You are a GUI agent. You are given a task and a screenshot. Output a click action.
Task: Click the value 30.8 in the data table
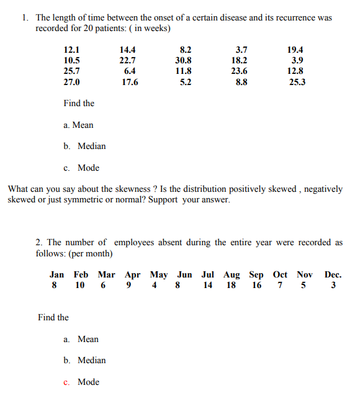[x=184, y=60]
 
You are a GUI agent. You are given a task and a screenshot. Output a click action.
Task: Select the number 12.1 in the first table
[x=71, y=50]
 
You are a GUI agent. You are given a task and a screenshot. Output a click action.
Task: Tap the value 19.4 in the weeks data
[x=295, y=50]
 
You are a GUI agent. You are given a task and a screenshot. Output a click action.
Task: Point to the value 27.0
[x=71, y=82]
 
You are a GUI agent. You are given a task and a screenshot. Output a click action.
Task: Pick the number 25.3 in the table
[x=297, y=82]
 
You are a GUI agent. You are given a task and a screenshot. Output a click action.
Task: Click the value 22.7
[x=128, y=60]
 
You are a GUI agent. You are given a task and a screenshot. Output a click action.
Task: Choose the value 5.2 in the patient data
[x=185, y=82]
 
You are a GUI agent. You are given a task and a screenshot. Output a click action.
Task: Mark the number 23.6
[x=239, y=71]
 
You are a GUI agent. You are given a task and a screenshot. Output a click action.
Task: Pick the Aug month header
[x=232, y=274]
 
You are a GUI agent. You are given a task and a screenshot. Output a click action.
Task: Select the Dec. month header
[x=333, y=274]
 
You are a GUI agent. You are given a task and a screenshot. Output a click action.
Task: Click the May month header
[x=159, y=274]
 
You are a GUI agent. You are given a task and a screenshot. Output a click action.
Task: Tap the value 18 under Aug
[x=231, y=286]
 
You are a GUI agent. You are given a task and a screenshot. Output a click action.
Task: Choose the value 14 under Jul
[x=207, y=286]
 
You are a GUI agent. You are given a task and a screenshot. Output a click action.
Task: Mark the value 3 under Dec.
[x=333, y=286]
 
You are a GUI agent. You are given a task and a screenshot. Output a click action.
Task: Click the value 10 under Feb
[x=80, y=286]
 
